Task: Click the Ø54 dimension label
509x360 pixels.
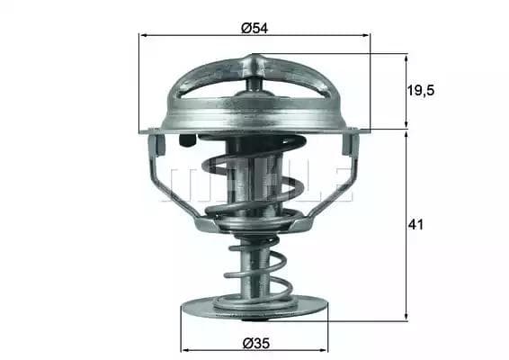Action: [x=254, y=28]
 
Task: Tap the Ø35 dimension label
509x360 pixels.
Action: [x=256, y=343]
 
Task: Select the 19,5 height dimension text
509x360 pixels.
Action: [x=420, y=90]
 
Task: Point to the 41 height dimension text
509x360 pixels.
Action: [x=415, y=224]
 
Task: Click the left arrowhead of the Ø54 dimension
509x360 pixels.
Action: [x=143, y=35]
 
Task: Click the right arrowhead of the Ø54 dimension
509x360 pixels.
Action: [x=365, y=35]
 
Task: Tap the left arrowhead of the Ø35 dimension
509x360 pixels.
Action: [x=185, y=350]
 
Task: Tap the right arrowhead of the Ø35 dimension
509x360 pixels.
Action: [x=324, y=350]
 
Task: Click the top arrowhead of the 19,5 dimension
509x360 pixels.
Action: [x=406, y=59]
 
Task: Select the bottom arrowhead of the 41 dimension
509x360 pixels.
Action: [x=406, y=317]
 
